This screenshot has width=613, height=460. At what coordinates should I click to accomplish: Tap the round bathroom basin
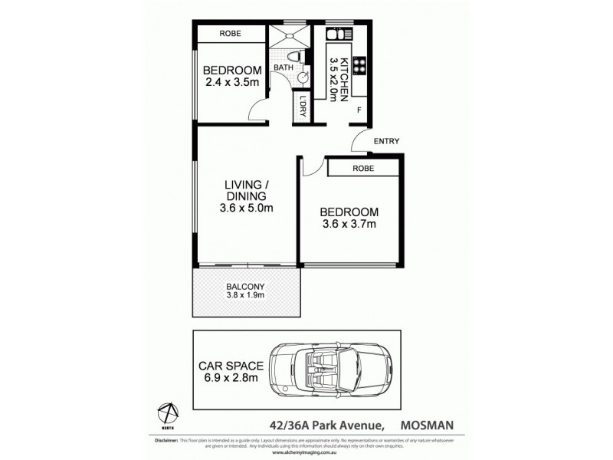(x=303, y=77)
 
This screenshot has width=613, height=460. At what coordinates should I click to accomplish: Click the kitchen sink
(x=336, y=34)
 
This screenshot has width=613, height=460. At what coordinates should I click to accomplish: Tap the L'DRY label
(x=303, y=106)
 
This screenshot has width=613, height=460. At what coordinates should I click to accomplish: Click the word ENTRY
(x=387, y=141)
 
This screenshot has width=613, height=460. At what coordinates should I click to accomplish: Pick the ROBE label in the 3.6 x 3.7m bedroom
(x=363, y=168)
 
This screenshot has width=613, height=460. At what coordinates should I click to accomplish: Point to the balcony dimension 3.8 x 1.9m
(x=244, y=295)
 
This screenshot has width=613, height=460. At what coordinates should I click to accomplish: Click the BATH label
(x=284, y=67)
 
